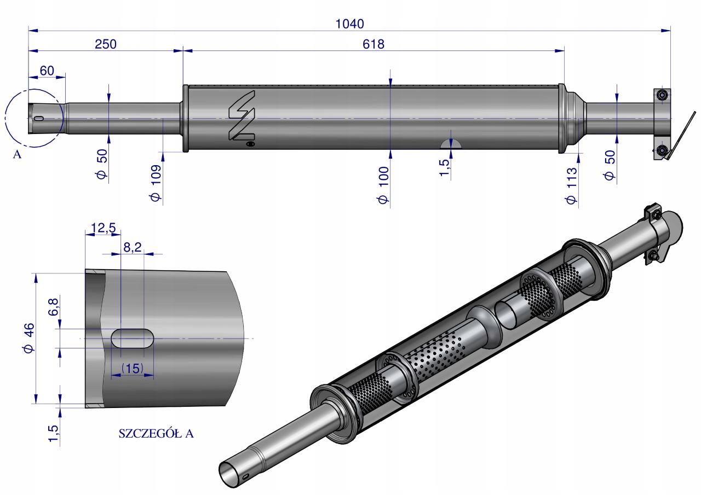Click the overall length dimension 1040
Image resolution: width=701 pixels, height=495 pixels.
(x=349, y=23)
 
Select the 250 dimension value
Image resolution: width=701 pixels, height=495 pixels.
(x=106, y=44)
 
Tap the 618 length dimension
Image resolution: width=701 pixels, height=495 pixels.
(x=374, y=44)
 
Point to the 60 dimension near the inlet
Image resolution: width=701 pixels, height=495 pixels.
(x=47, y=70)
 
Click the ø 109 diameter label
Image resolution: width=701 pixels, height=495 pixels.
(x=156, y=183)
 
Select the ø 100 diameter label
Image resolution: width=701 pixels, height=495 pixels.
(x=383, y=185)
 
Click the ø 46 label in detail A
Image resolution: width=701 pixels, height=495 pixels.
(x=29, y=338)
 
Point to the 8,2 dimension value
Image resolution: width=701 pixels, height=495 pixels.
(x=132, y=248)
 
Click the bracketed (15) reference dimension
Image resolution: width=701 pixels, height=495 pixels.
(x=133, y=369)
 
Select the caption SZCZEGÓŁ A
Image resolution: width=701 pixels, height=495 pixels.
(x=156, y=434)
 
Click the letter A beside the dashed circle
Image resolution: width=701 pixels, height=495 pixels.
(x=17, y=155)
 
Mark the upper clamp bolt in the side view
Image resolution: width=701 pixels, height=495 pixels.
(x=663, y=95)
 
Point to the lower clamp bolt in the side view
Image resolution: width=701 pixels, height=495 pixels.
(x=663, y=150)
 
